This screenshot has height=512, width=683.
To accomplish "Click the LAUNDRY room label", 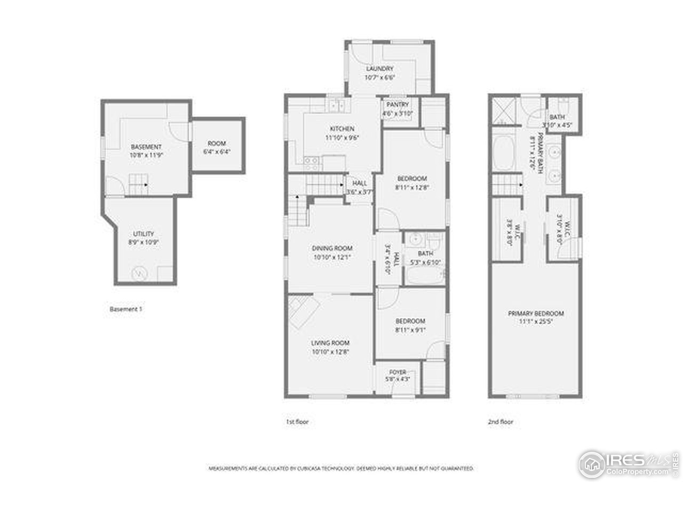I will (x=379, y=69).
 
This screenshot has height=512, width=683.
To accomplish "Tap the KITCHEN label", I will (x=342, y=129).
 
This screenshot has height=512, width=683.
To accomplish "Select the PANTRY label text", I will (x=398, y=105).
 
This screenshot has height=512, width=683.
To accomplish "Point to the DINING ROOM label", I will (x=332, y=248).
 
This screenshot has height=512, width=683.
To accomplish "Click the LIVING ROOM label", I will (x=330, y=343).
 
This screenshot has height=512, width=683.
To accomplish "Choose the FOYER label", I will (x=398, y=372).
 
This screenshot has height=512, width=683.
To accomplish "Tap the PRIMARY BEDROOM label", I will (x=536, y=314).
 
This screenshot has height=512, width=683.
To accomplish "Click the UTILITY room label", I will (x=144, y=234).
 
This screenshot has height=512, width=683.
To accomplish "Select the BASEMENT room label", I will (x=146, y=147).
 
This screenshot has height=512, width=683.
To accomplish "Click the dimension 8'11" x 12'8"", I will (x=412, y=187).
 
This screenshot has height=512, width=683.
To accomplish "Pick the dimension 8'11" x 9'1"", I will (x=410, y=330).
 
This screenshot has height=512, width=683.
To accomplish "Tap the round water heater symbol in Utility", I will (x=139, y=273).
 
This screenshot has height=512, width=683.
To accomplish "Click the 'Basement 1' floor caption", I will (x=126, y=309).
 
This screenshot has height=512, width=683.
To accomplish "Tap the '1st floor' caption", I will (x=297, y=422).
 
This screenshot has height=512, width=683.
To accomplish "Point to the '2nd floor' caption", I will (x=500, y=422).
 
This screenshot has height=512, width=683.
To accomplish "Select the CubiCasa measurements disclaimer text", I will (x=341, y=468).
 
